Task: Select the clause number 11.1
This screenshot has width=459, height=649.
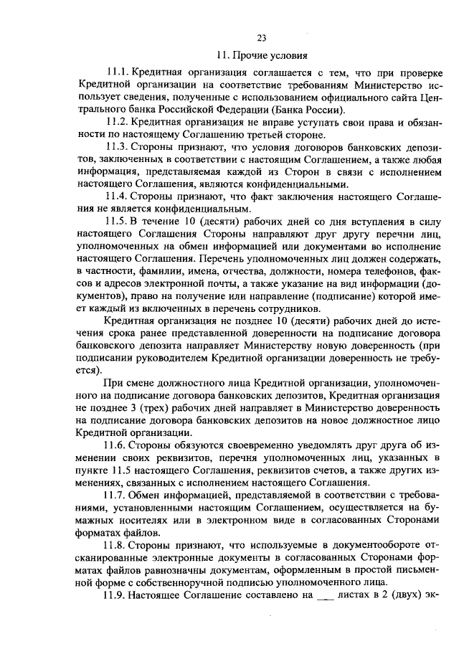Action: click(x=118, y=74)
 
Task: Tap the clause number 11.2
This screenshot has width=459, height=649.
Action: click(x=118, y=123)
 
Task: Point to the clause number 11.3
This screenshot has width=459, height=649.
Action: click(x=118, y=147)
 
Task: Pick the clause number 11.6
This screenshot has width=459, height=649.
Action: click(x=118, y=445)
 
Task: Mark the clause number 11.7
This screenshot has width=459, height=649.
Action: click(x=118, y=495)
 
